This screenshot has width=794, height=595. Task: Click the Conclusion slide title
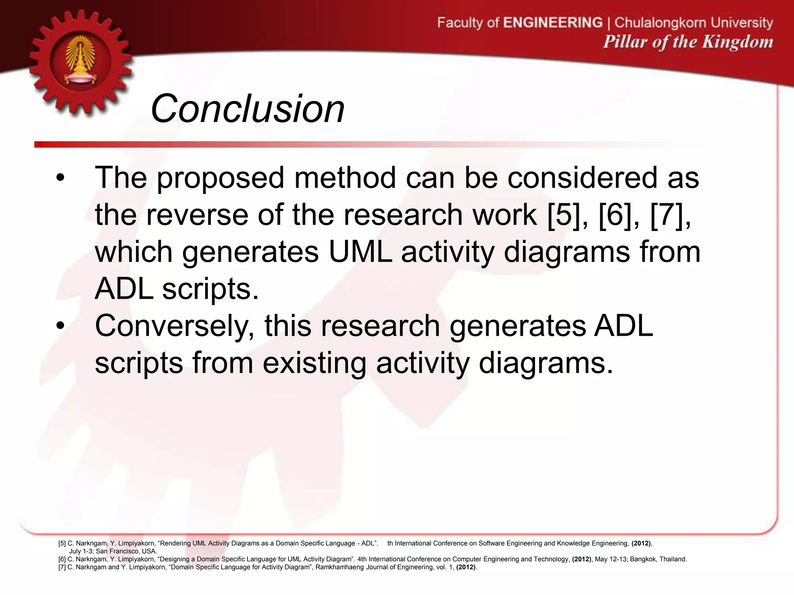coord(247,109)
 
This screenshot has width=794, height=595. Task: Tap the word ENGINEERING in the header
coord(553,23)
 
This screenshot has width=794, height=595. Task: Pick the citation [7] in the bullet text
coord(668,215)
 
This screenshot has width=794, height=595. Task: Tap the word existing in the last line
coord(314,363)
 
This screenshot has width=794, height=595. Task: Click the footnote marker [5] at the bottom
coord(62,543)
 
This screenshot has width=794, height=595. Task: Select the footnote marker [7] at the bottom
coord(62,567)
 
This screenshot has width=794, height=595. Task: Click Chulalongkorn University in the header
coord(694,23)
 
